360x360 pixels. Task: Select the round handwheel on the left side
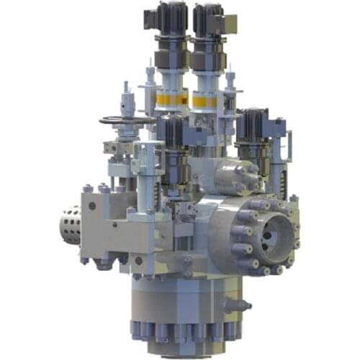(126, 120)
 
